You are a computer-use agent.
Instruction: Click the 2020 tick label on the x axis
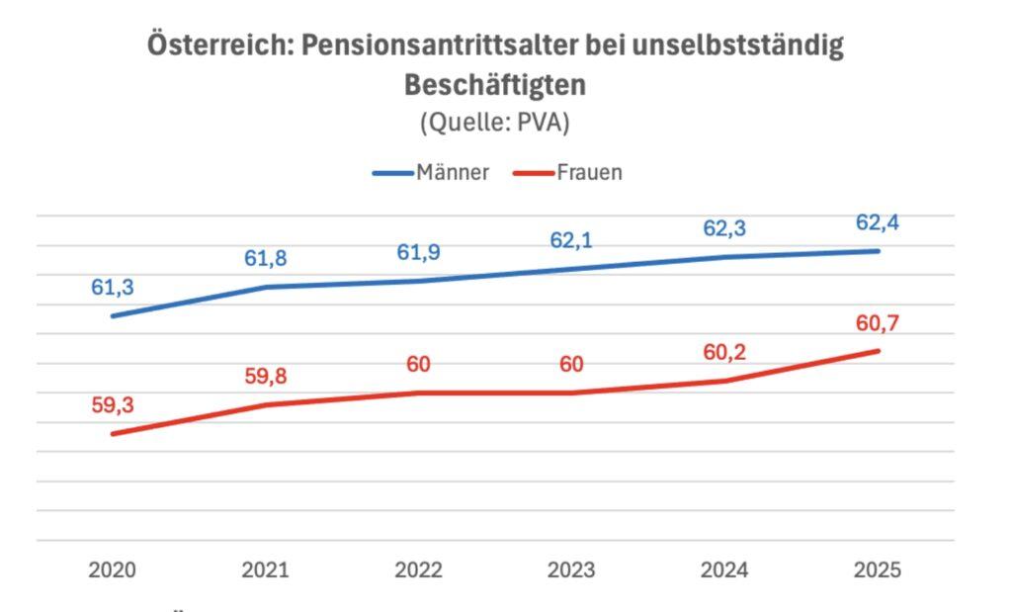pos(112,570)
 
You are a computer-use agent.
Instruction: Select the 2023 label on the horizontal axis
pos(571,570)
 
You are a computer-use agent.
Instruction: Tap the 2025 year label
pos(878,570)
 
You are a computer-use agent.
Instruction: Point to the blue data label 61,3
pos(113,288)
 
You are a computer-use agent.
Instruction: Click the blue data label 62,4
pos(878,223)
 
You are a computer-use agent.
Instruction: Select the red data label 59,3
pos(113,405)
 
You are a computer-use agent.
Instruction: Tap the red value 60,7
pos(878,323)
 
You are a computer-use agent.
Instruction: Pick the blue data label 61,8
pos(266,259)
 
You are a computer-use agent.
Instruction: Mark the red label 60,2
pos(724,352)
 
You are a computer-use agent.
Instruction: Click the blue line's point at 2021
pos(266,287)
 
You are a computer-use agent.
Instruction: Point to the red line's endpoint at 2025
pos(878,351)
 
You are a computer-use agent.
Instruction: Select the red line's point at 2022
pos(418,393)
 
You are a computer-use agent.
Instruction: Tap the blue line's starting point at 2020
pos(113,316)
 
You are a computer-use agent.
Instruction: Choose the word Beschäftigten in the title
pos(494,85)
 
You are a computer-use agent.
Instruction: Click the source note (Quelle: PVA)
pos(494,124)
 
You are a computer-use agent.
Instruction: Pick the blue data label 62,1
pos(571,241)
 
